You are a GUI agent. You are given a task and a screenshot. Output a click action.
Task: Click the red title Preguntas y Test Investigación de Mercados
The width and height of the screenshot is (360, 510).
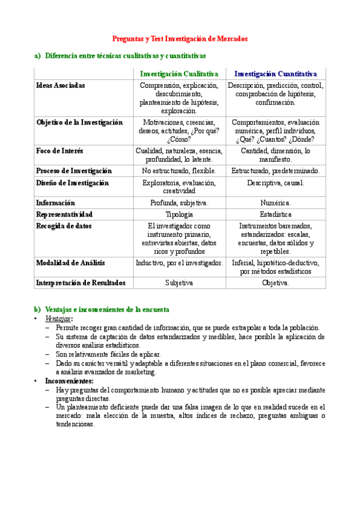click(180, 38)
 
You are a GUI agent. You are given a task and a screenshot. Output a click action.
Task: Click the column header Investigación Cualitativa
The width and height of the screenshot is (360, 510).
click(179, 73)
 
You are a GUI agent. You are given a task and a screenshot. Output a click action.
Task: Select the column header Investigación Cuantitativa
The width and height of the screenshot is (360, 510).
click(276, 73)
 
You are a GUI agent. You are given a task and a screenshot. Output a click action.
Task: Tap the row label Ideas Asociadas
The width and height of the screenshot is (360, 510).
click(61, 85)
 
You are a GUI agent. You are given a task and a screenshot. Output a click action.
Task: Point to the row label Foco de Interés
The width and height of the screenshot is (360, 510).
click(60, 151)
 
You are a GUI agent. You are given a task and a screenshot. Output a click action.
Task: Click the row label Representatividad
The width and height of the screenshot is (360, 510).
click(64, 214)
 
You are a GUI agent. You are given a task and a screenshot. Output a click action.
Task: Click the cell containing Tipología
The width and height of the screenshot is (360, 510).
click(179, 214)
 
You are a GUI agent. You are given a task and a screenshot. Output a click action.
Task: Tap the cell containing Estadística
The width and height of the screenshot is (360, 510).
click(276, 214)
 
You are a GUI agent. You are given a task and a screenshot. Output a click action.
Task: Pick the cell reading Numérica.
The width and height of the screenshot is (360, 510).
click(276, 203)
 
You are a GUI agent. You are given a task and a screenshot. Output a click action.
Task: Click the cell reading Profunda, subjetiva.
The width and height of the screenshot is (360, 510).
click(179, 203)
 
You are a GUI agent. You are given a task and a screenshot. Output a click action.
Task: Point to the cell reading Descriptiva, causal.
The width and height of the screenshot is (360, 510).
click(276, 183)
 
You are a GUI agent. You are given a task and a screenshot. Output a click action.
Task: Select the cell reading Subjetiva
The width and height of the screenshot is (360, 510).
click(179, 282)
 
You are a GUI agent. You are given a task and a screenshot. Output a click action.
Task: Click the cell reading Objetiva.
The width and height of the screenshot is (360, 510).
click(276, 282)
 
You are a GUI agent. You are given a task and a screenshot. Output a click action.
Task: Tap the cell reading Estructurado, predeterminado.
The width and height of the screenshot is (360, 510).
click(276, 171)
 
